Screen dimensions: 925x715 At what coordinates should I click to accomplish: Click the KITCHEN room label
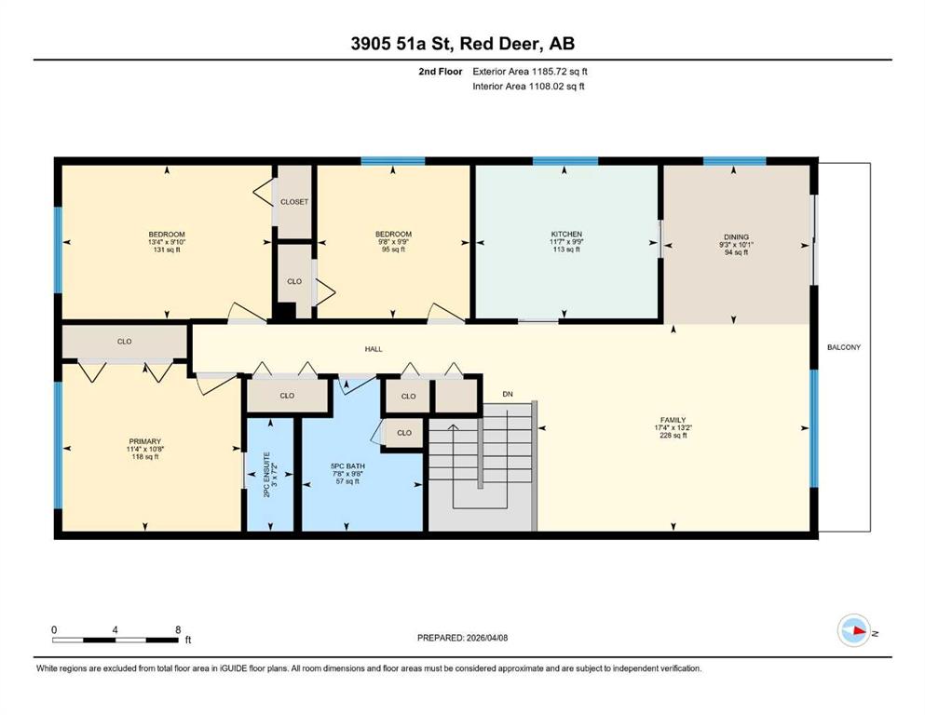[x=566, y=234]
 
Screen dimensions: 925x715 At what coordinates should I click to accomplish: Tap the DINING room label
[x=736, y=237]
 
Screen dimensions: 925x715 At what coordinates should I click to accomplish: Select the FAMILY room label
[x=673, y=420]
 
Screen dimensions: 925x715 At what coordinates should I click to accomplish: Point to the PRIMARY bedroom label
[x=145, y=441]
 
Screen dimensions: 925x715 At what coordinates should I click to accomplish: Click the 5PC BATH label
[x=347, y=466]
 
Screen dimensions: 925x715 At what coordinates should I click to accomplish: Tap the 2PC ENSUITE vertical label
[x=266, y=475]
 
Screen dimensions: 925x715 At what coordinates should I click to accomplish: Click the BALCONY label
[x=844, y=347]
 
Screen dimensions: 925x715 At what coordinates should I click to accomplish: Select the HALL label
[x=374, y=349]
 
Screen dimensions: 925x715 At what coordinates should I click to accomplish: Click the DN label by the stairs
[x=508, y=394]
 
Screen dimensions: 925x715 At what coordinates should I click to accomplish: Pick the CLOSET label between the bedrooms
[x=294, y=202]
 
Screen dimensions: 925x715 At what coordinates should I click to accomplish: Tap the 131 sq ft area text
[x=167, y=250]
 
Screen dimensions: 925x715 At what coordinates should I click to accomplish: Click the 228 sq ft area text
[x=673, y=436]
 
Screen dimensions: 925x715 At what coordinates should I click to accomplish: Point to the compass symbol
[x=854, y=630]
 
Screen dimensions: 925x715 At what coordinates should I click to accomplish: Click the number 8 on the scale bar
[x=178, y=629]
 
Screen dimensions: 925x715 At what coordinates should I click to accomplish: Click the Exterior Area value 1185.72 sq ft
[x=559, y=72]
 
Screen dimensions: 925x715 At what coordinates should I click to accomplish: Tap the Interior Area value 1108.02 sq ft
[x=556, y=86]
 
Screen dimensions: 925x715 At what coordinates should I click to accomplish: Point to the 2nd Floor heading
[x=441, y=72]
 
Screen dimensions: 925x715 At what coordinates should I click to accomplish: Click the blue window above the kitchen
[x=565, y=161]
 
